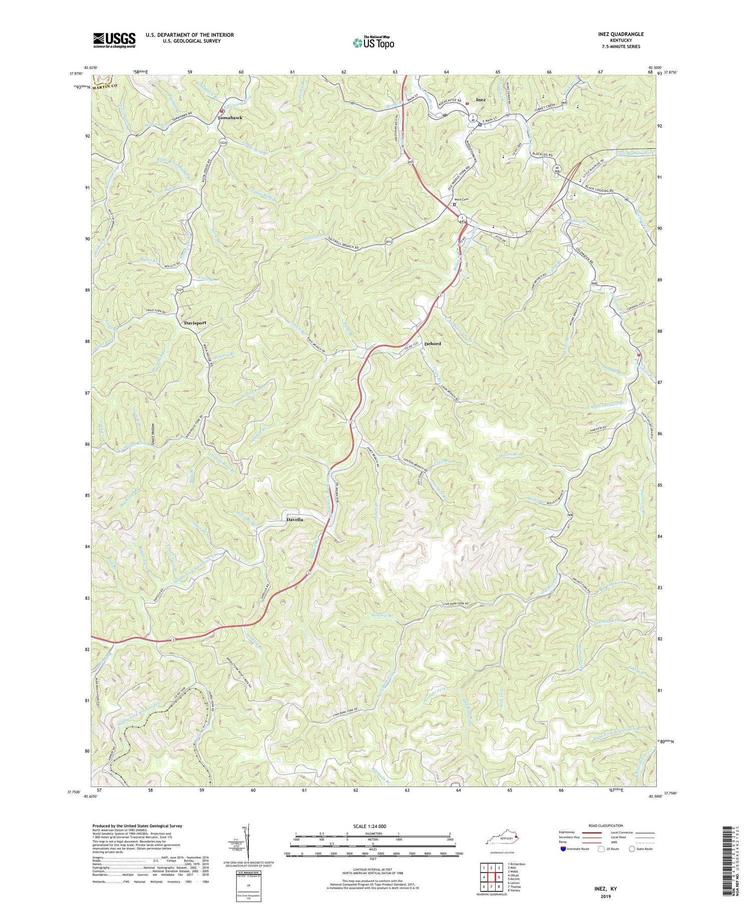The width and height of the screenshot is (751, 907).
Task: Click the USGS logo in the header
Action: click(114, 40)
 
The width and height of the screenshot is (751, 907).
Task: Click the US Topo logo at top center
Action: click(373, 43)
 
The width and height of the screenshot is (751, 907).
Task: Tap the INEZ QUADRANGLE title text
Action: click(616, 34)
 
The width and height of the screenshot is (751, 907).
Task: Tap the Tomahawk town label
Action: click(230, 118)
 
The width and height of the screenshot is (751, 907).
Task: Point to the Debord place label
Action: click(432, 344)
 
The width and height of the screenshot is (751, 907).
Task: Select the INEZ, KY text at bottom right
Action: click(603, 888)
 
